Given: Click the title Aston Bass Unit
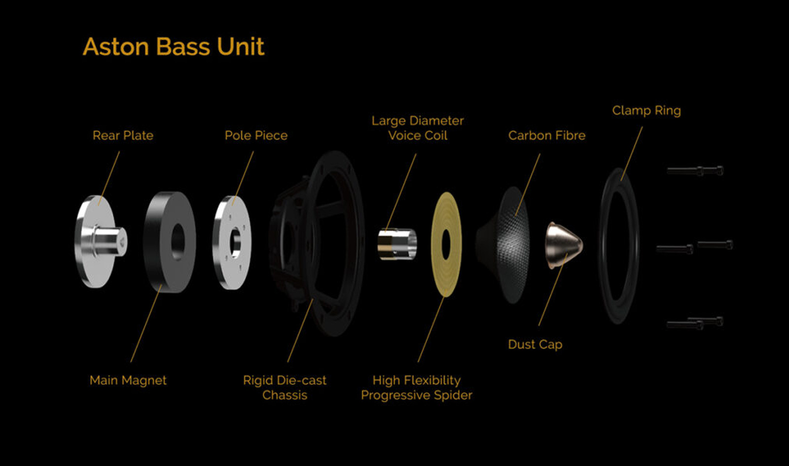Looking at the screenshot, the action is [x=173, y=46].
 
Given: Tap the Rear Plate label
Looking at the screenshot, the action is [x=123, y=135].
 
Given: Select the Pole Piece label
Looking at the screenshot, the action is [x=256, y=135].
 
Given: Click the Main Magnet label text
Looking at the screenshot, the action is [x=128, y=380].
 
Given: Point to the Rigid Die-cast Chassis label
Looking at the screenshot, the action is [x=285, y=388].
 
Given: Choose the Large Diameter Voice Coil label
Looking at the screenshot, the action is [x=418, y=128].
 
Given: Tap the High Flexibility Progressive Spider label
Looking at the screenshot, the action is [x=417, y=388].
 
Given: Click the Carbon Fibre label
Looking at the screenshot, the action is [x=547, y=135].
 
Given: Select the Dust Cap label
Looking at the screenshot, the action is [x=535, y=345].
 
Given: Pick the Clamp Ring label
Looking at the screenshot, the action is [x=646, y=110].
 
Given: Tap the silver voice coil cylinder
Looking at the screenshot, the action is [x=397, y=244].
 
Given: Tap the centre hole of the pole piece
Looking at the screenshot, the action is [x=235, y=243].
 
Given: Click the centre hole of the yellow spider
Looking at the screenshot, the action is [x=446, y=245].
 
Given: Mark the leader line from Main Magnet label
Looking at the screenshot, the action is [x=146, y=323].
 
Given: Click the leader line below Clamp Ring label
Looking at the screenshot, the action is [x=632, y=153].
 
